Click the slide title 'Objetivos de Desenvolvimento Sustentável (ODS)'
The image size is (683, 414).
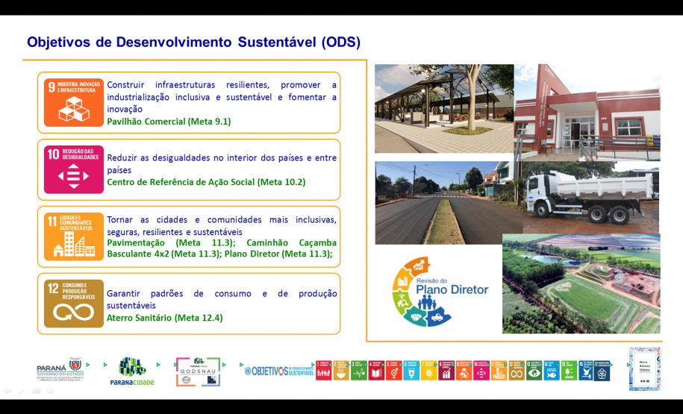tap(193, 42)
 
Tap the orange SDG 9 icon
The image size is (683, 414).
tap(73, 102)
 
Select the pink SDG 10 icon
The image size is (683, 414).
tap(73, 169)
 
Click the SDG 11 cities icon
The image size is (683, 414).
tap(73, 236)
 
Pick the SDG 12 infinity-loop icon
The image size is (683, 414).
tap(73, 304)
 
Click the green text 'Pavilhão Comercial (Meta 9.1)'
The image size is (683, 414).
tap(169, 121)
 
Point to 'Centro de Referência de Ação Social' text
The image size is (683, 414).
tap(181, 182)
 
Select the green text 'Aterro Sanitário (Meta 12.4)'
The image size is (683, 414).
tap(164, 318)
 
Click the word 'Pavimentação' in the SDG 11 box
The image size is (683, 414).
tap(137, 242)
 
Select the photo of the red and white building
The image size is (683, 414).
tap(587, 112)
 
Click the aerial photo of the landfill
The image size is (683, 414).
tap(581, 283)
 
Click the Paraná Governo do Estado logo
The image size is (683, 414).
tap(60, 370)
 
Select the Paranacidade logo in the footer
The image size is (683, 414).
tap(131, 371)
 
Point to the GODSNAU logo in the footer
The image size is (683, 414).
tap(198, 371)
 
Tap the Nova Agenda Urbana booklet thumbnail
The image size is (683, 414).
tap(644, 368)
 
